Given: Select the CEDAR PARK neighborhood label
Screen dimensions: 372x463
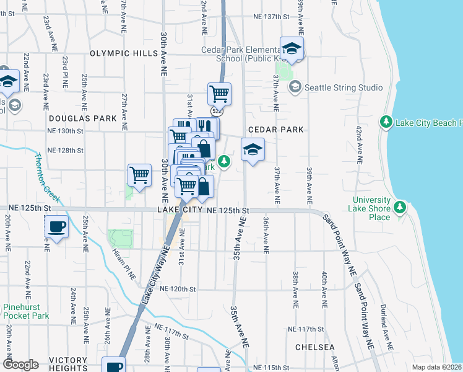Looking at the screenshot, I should click(276, 130).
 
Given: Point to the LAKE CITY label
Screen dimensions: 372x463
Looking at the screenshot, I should click(180, 211).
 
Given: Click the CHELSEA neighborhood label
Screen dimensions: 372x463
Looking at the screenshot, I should click(314, 347).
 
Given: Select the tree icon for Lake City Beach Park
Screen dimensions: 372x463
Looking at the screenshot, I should click(386, 121).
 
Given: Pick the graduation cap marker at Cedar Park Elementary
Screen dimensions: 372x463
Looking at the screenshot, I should click(292, 48).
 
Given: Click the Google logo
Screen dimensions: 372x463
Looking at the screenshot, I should click(20, 365).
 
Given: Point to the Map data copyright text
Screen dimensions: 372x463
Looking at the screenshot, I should click(437, 367).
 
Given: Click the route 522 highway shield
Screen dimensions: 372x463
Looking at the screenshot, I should click(216, 111).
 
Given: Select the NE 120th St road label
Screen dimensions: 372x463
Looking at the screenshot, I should click(178, 289).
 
